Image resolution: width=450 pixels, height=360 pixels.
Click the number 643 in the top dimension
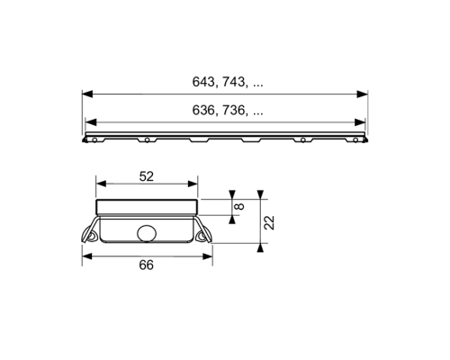pos(202,82)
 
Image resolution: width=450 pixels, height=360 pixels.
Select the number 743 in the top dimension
pos(233,82)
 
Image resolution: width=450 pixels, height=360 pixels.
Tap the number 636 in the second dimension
pos(202,111)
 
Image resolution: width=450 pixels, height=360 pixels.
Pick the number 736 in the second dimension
pos(233,111)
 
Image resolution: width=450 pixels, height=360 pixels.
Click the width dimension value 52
pos(147,176)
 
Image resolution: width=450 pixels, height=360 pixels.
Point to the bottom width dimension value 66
pos(147,265)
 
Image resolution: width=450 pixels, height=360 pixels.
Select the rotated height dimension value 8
pos(239,206)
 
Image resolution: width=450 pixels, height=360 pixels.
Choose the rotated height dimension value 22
pos(269,222)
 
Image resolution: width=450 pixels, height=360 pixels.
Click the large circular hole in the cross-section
pos(147,233)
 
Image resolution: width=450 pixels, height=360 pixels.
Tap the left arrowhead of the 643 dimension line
pos(86,94)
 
